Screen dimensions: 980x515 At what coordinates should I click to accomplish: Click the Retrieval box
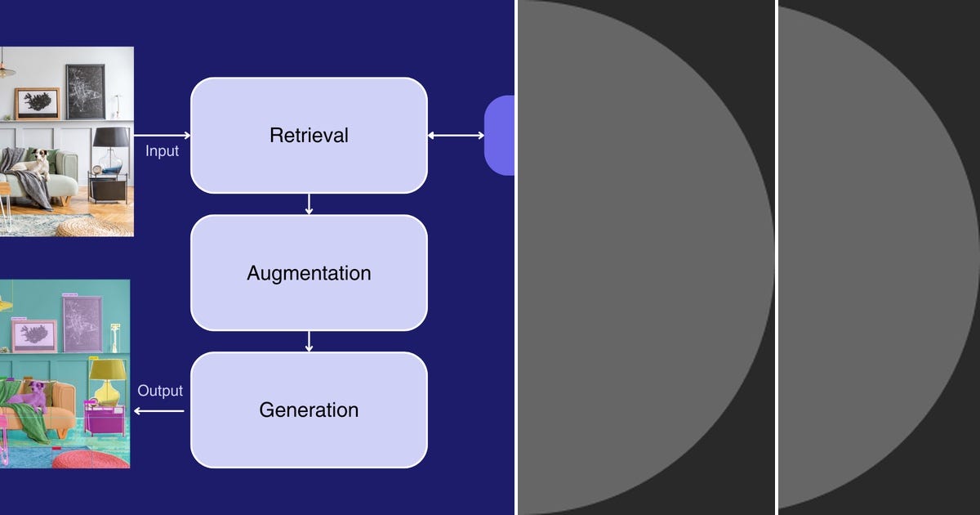tap(309, 136)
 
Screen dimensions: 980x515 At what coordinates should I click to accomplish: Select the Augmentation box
tap(309, 273)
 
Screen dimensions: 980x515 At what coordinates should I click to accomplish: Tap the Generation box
tap(309, 410)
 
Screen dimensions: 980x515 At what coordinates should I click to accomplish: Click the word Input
tap(162, 151)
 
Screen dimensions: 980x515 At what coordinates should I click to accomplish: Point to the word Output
tap(160, 391)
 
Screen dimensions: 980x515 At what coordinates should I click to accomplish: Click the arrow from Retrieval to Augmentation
tap(309, 204)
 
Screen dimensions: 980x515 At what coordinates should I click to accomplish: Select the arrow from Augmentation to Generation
tap(309, 342)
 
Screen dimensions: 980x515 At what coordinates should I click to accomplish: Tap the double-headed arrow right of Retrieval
tap(456, 136)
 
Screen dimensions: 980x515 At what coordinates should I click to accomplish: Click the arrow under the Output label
tap(158, 410)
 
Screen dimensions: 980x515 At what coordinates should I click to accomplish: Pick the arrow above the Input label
tap(163, 136)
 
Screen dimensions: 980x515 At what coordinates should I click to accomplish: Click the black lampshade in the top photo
tap(111, 137)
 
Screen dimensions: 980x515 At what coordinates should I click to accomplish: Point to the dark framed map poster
tap(86, 92)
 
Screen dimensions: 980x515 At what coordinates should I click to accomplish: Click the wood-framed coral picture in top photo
tap(38, 104)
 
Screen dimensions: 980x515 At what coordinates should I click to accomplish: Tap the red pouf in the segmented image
tap(91, 459)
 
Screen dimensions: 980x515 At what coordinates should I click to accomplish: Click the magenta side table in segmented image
tap(105, 419)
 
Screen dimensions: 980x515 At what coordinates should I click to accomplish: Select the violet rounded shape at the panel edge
tap(500, 136)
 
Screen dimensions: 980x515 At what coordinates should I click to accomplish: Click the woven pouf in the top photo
tap(95, 228)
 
